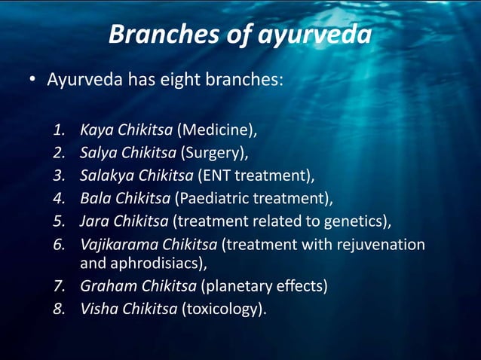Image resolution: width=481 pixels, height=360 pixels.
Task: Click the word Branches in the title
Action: (x=154, y=34)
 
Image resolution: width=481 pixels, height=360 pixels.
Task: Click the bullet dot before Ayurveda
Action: (x=33, y=79)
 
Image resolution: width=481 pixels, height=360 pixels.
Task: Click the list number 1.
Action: (x=60, y=130)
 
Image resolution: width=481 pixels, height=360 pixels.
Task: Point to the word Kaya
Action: (x=97, y=130)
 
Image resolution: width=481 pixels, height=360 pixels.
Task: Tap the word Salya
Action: (x=99, y=153)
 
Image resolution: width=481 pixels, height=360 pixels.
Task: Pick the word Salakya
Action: (x=106, y=176)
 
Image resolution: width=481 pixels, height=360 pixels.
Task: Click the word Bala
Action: (x=96, y=199)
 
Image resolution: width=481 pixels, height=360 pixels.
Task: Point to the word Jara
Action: (x=95, y=221)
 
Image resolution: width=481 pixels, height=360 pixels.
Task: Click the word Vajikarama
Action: (x=116, y=245)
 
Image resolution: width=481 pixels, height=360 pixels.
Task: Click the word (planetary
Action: (x=220, y=286)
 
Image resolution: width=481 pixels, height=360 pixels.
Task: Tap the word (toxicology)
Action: (x=224, y=309)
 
